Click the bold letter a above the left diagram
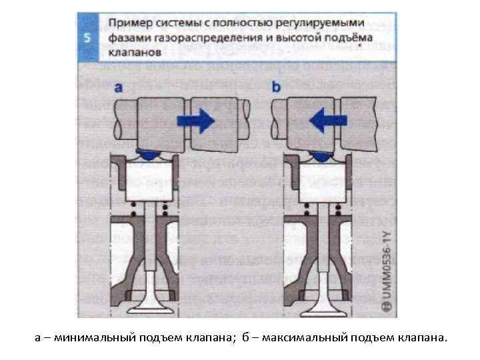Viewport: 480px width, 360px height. click(x=119, y=85)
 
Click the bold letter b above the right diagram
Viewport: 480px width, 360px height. click(x=277, y=85)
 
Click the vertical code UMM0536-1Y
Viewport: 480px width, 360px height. click(x=385, y=270)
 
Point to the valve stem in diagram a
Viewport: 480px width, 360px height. click(x=154, y=247)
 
